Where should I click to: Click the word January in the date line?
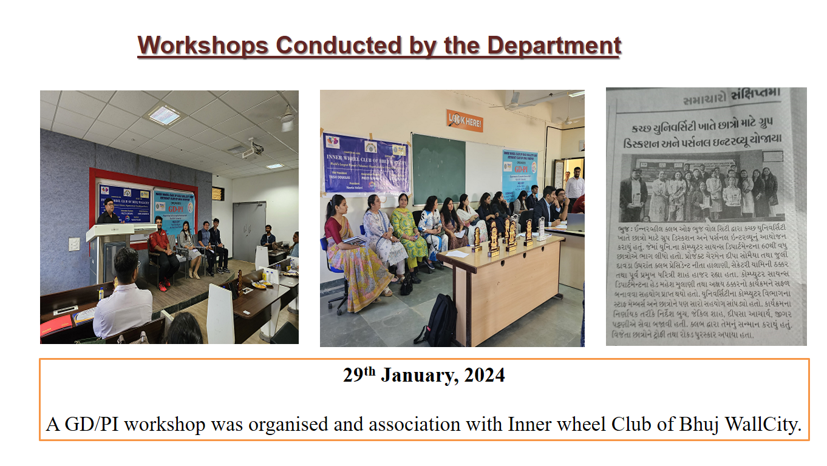coord(418,376)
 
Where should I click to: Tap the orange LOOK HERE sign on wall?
coord(464,121)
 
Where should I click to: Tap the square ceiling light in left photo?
coord(165,115)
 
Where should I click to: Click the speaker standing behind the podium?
coord(109,213)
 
